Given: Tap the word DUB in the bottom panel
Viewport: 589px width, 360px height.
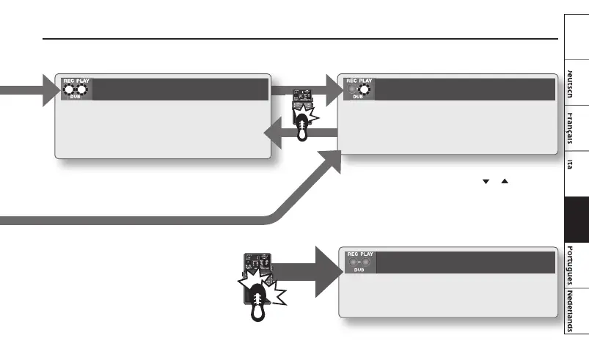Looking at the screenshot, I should [359, 270].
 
